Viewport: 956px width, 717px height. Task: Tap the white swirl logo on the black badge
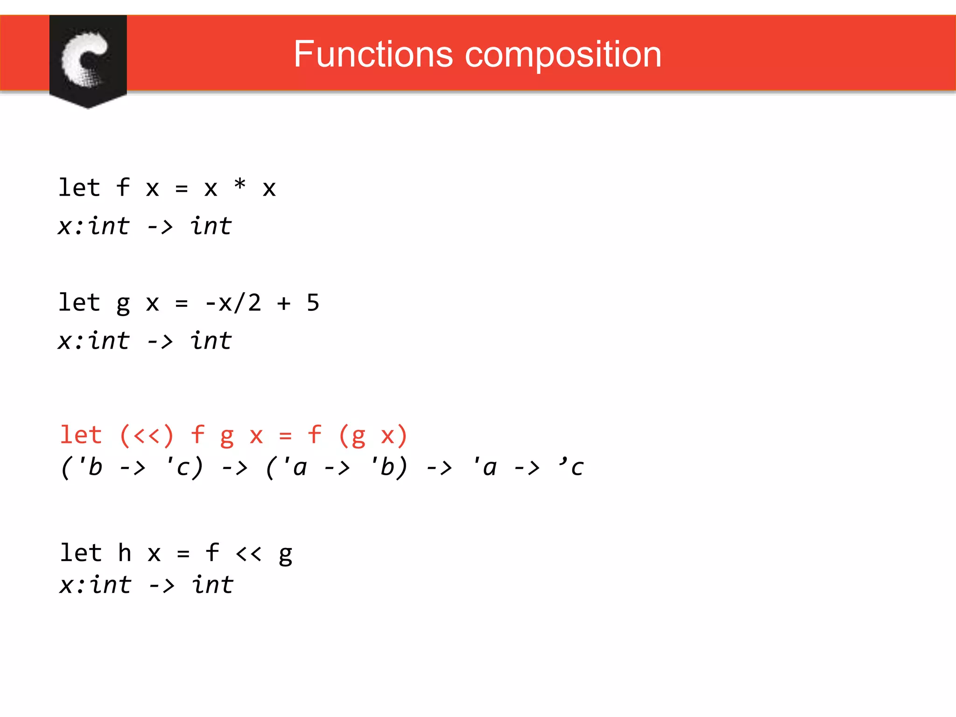coord(84,59)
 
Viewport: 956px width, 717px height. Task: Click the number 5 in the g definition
coord(313,302)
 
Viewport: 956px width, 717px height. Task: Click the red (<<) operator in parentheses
coord(147,436)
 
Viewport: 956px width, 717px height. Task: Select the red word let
coord(81,436)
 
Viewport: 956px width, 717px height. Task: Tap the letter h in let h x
coord(125,553)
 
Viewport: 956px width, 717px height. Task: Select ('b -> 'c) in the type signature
coord(132,467)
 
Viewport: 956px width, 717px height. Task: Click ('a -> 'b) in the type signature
coord(337,467)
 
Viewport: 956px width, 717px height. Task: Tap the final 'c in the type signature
coord(571,466)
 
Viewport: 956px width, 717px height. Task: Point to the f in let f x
coord(123,188)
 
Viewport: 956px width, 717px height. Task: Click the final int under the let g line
coord(211,340)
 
